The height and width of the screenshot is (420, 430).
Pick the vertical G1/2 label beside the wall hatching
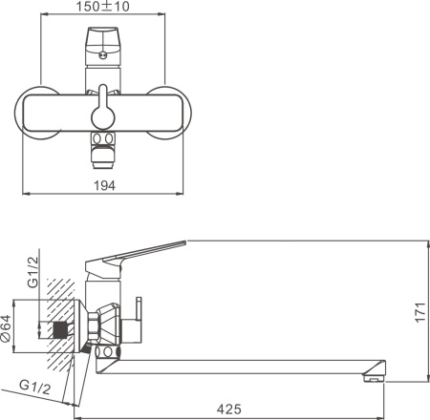coord(31,270)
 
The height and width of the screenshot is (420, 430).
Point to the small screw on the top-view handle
coord(101,56)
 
